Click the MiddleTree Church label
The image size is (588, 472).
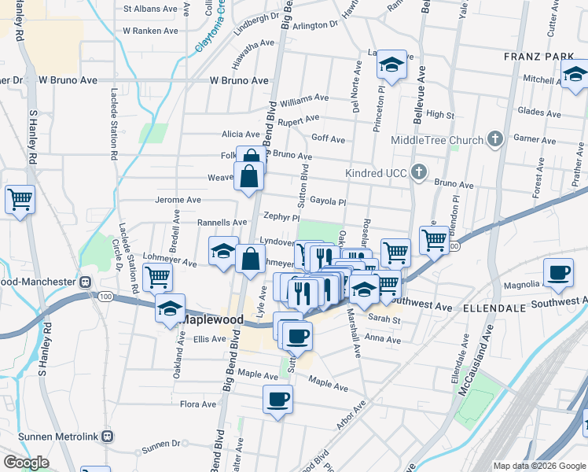click(437, 141)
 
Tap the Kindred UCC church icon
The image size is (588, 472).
click(420, 171)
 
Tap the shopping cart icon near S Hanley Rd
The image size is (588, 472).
click(20, 199)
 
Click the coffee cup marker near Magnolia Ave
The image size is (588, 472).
click(558, 272)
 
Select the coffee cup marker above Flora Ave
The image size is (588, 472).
click(277, 399)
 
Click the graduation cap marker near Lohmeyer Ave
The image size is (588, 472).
click(223, 251)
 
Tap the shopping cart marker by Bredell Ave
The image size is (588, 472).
click(158, 276)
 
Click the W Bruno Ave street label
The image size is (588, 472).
click(239, 80)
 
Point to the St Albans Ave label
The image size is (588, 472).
click(151, 9)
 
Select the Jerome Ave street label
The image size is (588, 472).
click(178, 200)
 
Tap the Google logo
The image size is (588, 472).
click(26, 463)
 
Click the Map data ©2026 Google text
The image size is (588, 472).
click(538, 466)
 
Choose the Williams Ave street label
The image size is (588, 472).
click(303, 98)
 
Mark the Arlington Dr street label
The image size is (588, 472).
click(314, 25)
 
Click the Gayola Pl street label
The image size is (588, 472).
click(328, 201)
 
